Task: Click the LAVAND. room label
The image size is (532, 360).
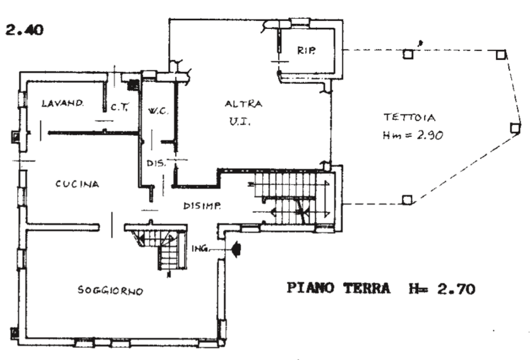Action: [x=63, y=103]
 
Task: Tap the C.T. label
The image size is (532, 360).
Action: [x=119, y=107]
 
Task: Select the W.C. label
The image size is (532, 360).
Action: [x=156, y=113]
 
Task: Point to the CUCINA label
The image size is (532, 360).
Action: [x=77, y=184]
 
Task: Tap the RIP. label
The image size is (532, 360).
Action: [x=306, y=51]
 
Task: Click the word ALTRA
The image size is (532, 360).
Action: [x=243, y=104]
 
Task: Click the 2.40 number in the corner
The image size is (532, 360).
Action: [x=25, y=30]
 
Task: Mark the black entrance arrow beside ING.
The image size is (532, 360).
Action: [x=235, y=250]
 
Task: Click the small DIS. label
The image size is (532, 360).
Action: [x=156, y=163]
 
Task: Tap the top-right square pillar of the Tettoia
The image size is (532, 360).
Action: [x=500, y=55]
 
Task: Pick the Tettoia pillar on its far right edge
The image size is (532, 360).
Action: [x=515, y=128]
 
